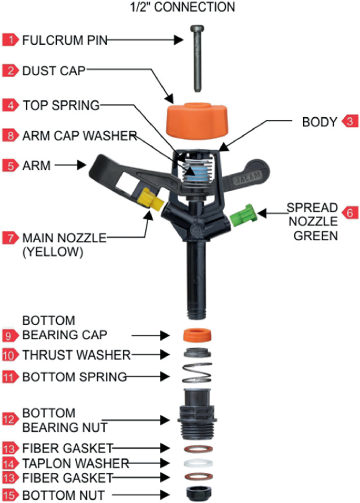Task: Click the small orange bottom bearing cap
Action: coord(197,335)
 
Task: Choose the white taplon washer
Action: coord(197,464)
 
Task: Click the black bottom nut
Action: coord(197,494)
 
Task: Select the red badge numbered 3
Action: coord(349,122)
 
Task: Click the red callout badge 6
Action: coord(349,212)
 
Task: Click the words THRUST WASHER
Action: coord(76,355)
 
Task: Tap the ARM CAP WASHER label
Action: coord(79,135)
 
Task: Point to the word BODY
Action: coord(319,122)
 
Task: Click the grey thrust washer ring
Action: coord(197,354)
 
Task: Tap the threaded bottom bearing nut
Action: coord(197,415)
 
